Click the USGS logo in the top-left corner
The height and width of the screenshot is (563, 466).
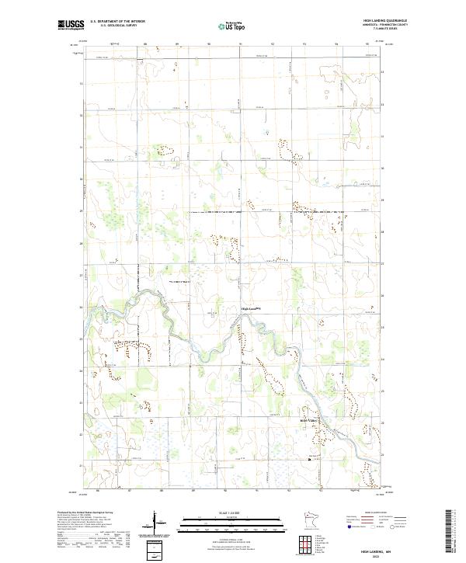71,25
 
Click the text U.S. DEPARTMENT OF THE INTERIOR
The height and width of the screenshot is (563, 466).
118,22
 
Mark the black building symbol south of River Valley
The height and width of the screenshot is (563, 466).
310,459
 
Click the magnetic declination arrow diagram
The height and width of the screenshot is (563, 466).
158,522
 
